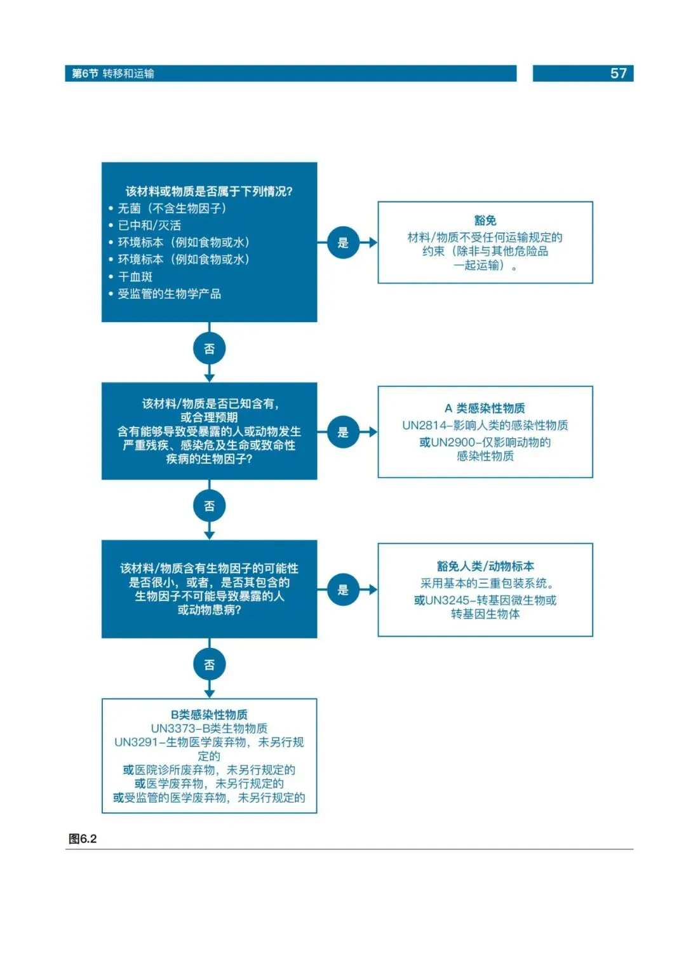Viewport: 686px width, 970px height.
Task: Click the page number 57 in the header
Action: (x=618, y=74)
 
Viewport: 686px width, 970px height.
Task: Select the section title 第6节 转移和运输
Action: (x=113, y=74)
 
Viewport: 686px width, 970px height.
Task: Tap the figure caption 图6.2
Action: (x=83, y=839)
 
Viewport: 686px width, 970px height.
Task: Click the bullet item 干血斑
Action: (x=135, y=276)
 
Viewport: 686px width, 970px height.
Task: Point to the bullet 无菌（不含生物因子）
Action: (x=171, y=208)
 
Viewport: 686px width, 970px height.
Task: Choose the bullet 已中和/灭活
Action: (x=149, y=226)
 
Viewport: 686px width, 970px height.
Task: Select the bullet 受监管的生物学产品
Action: (x=169, y=293)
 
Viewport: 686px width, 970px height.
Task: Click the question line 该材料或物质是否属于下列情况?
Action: (x=209, y=191)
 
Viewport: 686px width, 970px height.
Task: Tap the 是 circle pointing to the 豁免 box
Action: (x=343, y=243)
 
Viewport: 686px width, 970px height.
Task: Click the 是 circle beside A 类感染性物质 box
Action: (x=343, y=432)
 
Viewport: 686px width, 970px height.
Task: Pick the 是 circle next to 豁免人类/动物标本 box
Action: (x=343, y=589)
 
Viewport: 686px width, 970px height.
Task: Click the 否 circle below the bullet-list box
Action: (x=210, y=349)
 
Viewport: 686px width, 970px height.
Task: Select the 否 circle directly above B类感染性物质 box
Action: (x=210, y=664)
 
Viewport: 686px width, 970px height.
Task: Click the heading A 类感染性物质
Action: (x=485, y=408)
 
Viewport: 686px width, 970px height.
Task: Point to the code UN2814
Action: (x=424, y=425)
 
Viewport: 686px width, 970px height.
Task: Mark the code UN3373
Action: (x=173, y=728)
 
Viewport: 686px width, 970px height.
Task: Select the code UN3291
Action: (x=137, y=742)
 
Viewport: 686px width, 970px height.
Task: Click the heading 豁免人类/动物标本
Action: (x=485, y=566)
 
